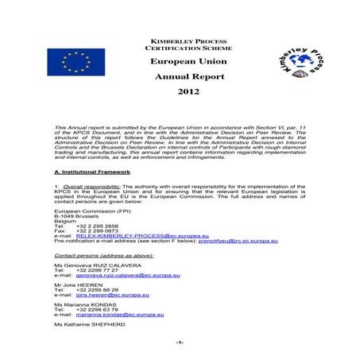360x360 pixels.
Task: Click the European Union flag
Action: pyautogui.click(x=75, y=63)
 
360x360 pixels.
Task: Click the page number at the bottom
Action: pyautogui.click(x=180, y=343)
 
